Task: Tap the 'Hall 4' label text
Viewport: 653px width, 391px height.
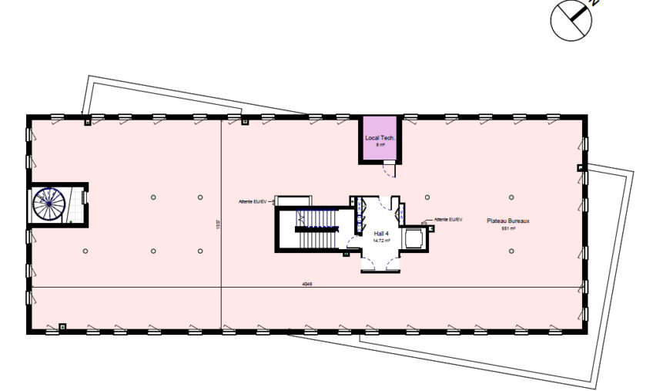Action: point(381,234)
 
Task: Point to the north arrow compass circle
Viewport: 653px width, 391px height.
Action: point(570,19)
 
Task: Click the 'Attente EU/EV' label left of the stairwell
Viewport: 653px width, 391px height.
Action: point(253,202)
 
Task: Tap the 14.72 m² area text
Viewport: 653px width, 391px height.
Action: point(381,241)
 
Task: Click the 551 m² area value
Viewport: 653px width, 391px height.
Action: point(508,228)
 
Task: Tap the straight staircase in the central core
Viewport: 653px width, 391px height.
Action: point(316,229)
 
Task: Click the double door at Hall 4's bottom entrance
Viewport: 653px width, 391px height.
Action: point(381,262)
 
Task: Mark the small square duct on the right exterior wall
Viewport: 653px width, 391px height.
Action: point(581,168)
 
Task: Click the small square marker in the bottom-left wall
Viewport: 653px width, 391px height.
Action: point(63,325)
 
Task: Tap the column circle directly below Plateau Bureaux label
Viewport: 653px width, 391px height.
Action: point(511,251)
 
